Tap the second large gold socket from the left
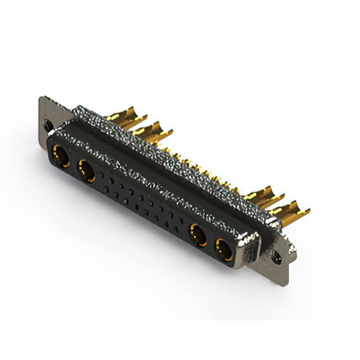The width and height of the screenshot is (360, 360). click(x=86, y=170)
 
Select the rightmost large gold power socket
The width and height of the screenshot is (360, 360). click(x=224, y=249)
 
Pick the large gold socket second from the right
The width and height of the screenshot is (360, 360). click(x=198, y=235)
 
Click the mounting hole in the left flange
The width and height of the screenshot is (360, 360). click(x=49, y=125)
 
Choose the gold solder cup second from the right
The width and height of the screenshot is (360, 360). click(x=263, y=197)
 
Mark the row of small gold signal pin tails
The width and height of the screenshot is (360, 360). click(x=202, y=169)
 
